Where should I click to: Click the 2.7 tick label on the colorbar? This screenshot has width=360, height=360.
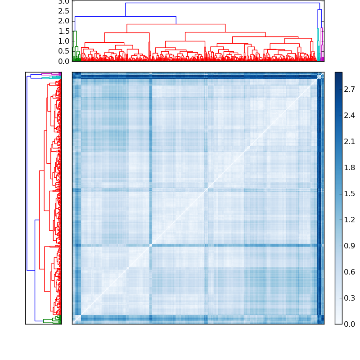[350, 90]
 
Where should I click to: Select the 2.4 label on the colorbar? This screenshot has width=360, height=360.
[350, 116]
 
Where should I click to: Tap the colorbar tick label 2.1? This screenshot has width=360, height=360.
[350, 142]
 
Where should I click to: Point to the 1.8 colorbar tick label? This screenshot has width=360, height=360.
[350, 168]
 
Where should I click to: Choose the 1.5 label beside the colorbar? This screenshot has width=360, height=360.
[350, 194]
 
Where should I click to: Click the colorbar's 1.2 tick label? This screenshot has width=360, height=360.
[350, 220]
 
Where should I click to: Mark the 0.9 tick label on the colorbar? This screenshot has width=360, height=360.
[350, 246]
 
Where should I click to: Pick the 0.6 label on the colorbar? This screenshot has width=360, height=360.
[350, 272]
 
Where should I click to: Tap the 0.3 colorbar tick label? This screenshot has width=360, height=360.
[350, 298]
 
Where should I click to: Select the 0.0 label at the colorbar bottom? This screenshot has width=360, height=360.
[350, 324]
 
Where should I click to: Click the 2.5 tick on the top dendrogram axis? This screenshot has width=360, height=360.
[63, 11]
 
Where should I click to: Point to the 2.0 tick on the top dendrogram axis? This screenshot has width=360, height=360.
[63, 21]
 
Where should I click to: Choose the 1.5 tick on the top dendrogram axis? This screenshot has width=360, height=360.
[63, 31]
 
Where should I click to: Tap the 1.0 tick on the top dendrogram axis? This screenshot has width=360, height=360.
[63, 41]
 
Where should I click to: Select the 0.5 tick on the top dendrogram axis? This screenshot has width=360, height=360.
[63, 51]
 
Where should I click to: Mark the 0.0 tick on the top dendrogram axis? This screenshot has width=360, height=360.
[63, 61]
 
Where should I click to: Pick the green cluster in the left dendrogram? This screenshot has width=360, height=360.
[49, 320]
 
